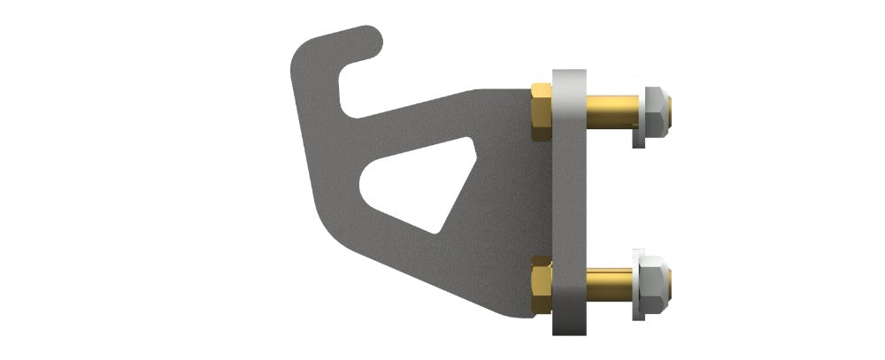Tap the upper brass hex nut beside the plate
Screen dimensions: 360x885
coord(541,112)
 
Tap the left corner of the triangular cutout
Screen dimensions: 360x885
coord(366,186)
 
